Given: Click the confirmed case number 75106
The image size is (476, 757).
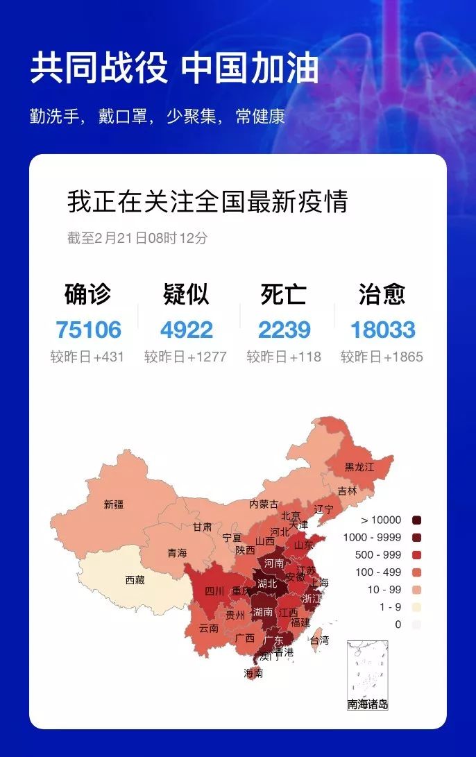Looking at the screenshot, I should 88,330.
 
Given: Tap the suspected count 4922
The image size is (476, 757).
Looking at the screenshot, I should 186,330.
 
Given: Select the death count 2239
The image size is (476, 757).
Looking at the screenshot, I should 284,330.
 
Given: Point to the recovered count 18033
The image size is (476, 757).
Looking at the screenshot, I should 382,330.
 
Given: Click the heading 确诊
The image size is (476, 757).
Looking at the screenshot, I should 87,294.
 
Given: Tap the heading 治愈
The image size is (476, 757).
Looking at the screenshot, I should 382,294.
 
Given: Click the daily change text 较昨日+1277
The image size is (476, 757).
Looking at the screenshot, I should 185,357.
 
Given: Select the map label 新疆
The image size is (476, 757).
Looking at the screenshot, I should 114,504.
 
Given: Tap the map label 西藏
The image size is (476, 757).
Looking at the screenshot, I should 135,580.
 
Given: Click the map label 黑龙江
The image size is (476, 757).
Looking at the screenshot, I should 359,467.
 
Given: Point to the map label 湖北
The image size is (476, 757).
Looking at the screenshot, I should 267,584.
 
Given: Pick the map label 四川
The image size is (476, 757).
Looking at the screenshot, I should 214,592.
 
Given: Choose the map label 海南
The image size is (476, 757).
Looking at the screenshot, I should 253,672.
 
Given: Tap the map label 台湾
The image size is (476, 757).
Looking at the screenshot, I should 319,640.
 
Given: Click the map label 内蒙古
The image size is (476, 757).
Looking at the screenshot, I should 264,504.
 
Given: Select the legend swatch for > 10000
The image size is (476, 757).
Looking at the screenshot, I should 416,520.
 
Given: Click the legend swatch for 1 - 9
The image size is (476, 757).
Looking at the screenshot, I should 416,607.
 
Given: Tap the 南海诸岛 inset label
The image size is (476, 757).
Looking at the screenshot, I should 368,705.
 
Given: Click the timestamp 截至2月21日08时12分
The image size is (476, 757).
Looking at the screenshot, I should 137,238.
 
